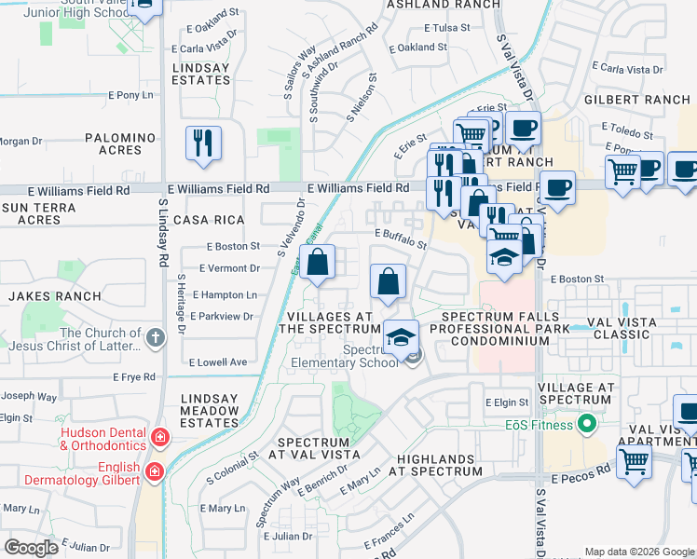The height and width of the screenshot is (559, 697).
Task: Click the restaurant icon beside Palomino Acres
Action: point(203,143)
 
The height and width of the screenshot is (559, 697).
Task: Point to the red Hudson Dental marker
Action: point(160,436)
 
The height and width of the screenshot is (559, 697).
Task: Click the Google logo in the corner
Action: point(31,548)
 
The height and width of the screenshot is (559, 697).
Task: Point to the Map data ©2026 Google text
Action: point(638,552)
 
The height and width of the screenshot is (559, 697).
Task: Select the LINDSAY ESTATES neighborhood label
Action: point(201,74)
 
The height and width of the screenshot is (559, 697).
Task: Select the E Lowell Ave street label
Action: point(217,361)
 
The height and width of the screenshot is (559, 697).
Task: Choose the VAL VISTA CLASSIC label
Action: point(623,328)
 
